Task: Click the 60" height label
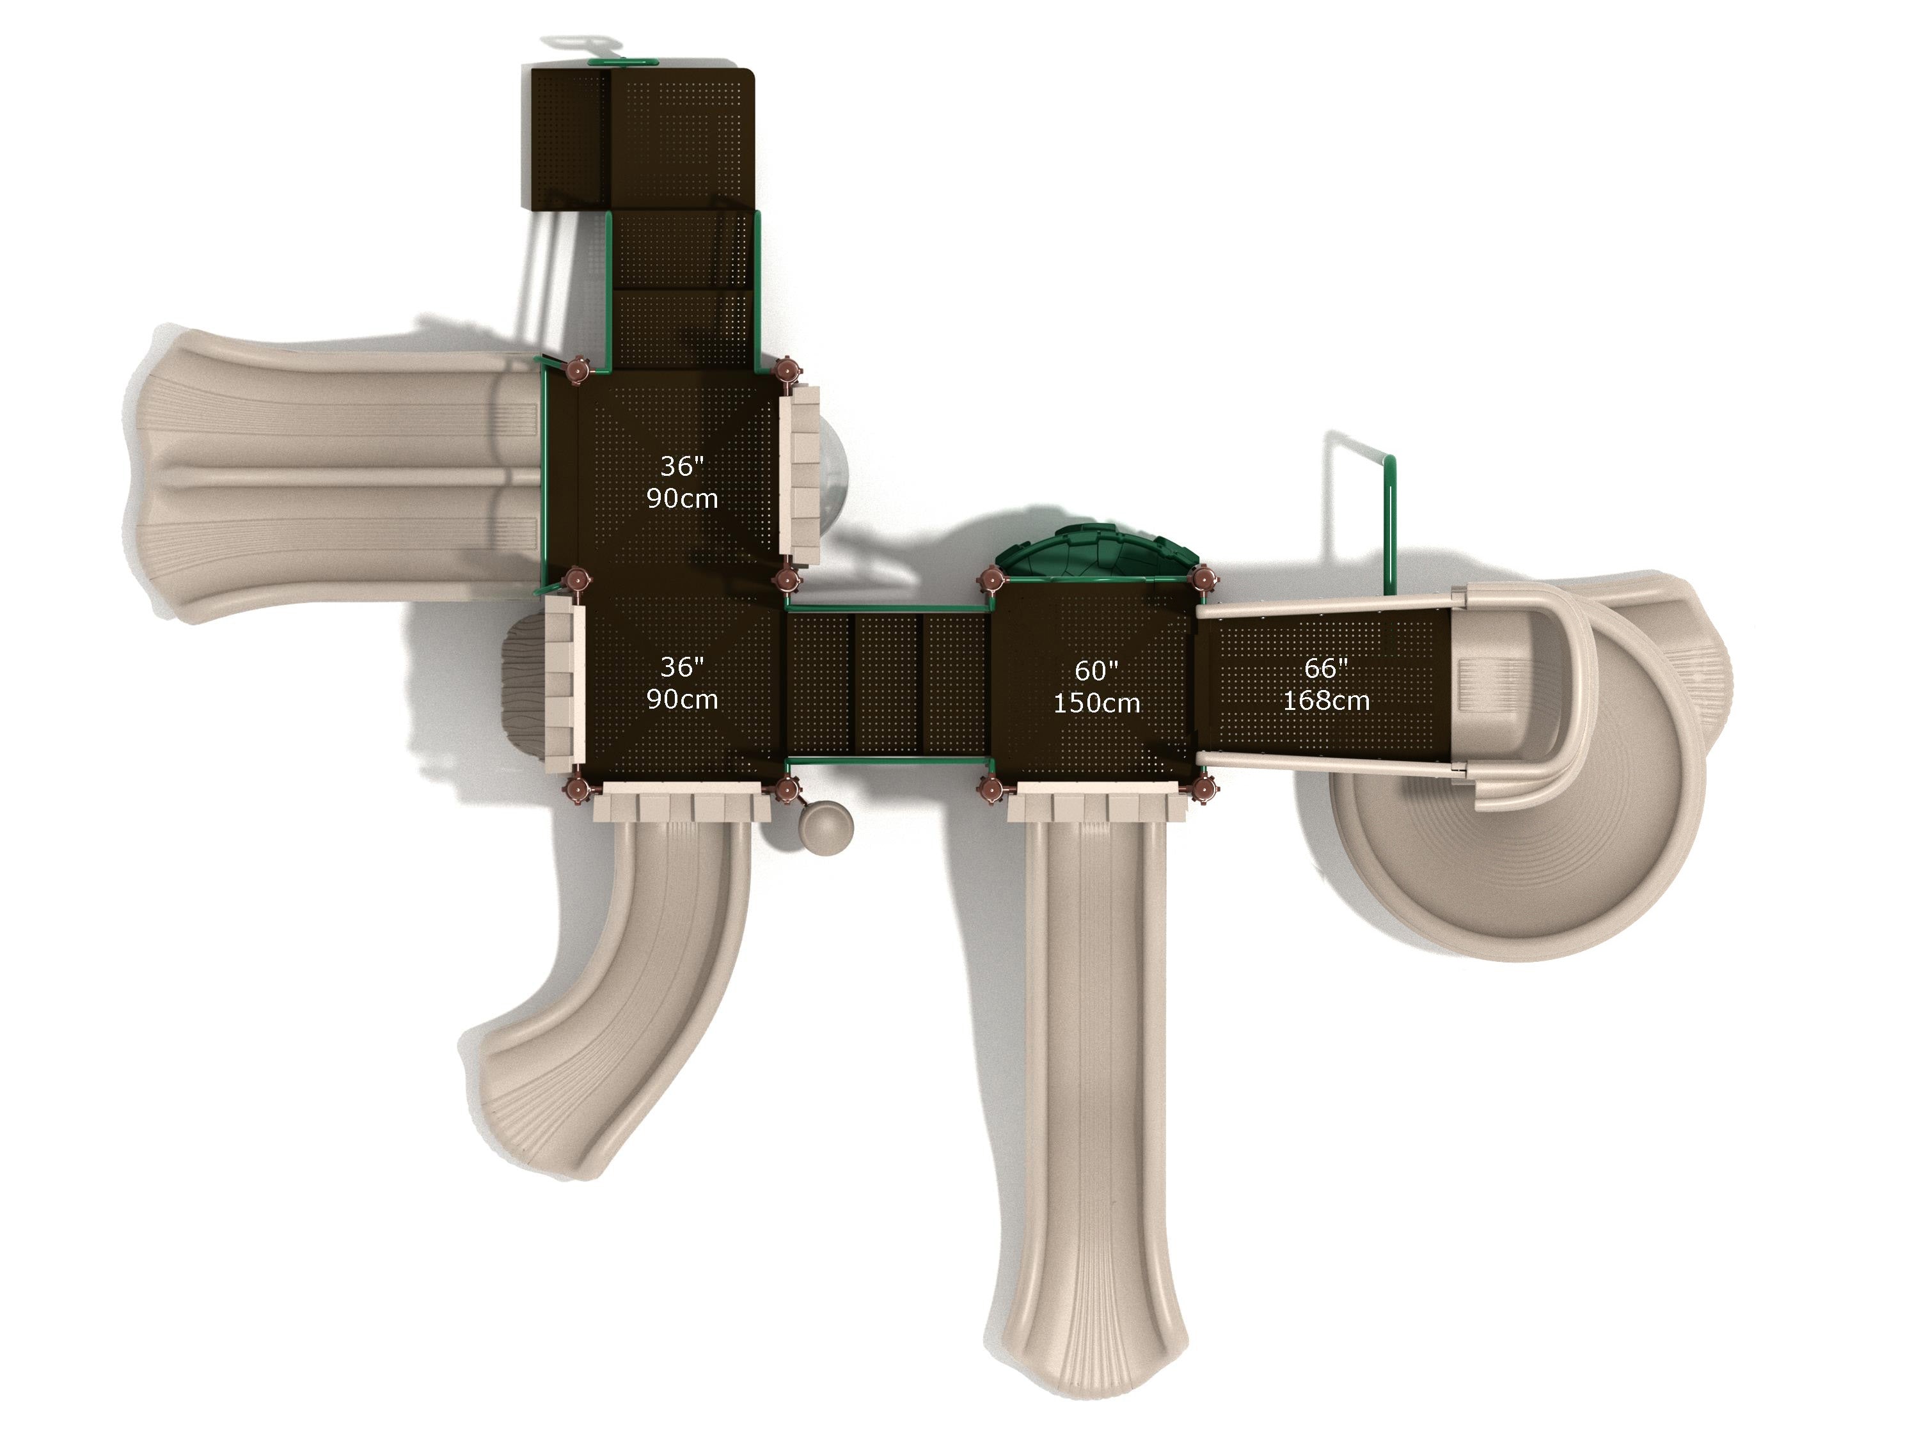pos(1096,670)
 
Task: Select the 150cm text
pos(1096,703)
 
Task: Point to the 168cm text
pos(1327,700)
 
